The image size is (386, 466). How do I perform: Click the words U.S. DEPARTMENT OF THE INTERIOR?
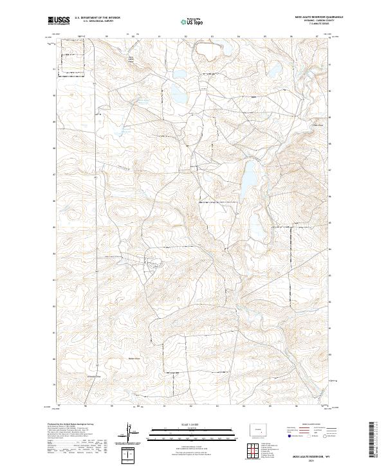click(x=97, y=17)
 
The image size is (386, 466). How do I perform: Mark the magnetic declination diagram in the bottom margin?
click(x=129, y=434)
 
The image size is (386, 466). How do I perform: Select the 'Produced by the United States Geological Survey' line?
click(x=70, y=425)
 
